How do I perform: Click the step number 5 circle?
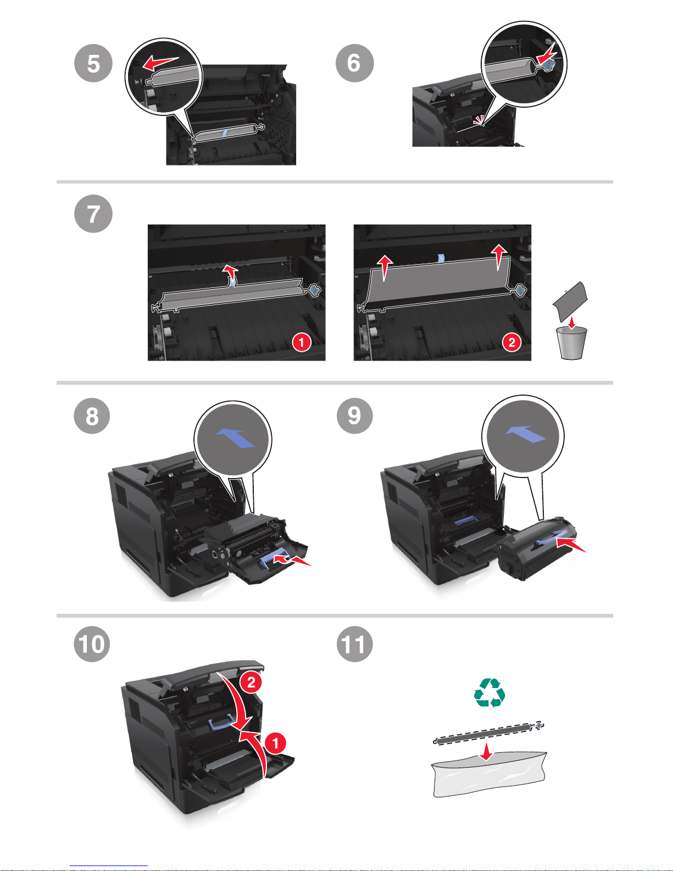pyautogui.click(x=93, y=63)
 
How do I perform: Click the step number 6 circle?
pyautogui.click(x=354, y=63)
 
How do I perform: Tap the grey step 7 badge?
pyautogui.click(x=93, y=214)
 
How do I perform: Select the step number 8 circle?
pyautogui.click(x=92, y=415)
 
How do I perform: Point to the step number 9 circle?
pyautogui.click(x=354, y=415)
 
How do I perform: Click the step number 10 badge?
pyautogui.click(x=92, y=643)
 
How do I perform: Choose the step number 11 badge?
pyautogui.click(x=354, y=643)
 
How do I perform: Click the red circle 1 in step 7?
pyautogui.click(x=301, y=342)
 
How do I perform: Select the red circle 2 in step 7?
pyautogui.click(x=511, y=342)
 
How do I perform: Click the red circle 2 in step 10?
pyautogui.click(x=251, y=683)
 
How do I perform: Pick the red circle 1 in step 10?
pyautogui.click(x=275, y=744)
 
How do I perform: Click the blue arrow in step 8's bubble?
pyautogui.click(x=235, y=438)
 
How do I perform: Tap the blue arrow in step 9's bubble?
pyautogui.click(x=525, y=434)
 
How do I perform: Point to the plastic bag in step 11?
pyautogui.click(x=489, y=775)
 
